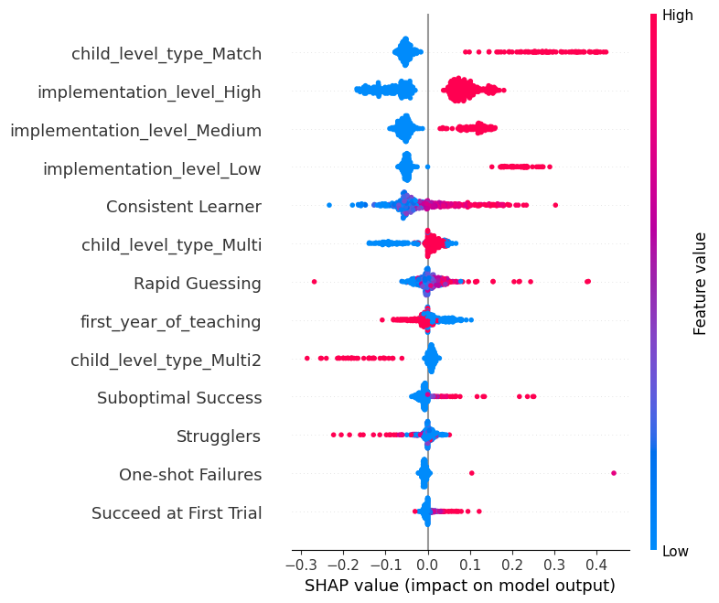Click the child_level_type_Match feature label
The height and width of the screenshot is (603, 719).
pos(166,54)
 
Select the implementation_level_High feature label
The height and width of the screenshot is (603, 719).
pos(149,92)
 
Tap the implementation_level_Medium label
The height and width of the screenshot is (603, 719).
pos(135,130)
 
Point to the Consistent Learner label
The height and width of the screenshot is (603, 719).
pos(184,207)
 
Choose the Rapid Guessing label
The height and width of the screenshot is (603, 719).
pos(198,284)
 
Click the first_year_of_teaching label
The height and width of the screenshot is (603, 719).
pos(171,322)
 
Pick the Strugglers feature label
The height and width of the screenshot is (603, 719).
pos(219,436)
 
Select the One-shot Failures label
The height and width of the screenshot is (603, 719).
pos(190,475)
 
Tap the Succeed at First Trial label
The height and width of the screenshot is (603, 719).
pos(177,513)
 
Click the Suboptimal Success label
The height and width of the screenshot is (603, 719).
pos(179,398)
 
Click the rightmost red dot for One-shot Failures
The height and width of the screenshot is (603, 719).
pos(614,473)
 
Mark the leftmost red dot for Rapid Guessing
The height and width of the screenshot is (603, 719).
pos(314,282)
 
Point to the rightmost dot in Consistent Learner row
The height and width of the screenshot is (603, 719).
pos(555,205)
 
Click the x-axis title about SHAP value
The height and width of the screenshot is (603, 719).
pos(459,585)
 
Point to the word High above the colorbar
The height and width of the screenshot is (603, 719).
pos(678,16)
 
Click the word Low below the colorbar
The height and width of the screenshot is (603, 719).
pos(676,551)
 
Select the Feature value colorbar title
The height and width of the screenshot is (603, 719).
pos(701,284)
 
